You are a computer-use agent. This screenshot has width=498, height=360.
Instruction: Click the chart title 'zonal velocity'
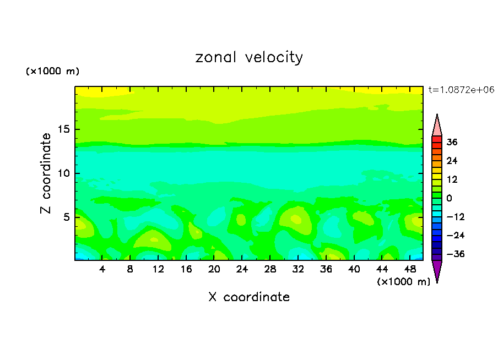(x=249, y=57)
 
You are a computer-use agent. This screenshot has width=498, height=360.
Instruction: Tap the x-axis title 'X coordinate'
(x=249, y=297)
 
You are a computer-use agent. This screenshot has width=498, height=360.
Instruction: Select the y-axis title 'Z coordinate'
(x=46, y=173)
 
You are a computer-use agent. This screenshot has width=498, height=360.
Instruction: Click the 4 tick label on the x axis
(x=102, y=269)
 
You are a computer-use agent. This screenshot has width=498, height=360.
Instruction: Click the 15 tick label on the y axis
(x=64, y=129)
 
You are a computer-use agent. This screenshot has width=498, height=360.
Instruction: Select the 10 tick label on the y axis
(x=64, y=173)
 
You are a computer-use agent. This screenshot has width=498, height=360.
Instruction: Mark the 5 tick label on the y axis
(x=67, y=217)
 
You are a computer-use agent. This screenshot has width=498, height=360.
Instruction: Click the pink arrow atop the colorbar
(x=437, y=125)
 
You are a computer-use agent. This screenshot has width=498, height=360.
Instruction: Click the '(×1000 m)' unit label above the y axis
(x=52, y=72)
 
